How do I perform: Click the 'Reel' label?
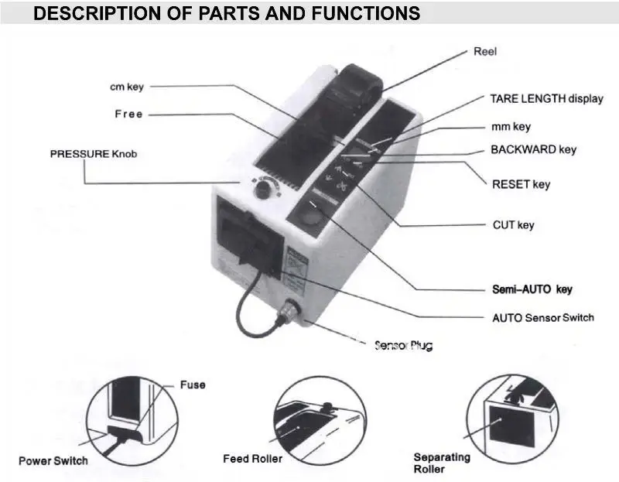[484, 52]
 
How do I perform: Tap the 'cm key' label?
[125, 87]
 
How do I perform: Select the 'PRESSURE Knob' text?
[93, 154]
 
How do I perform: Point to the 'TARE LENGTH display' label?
[546, 99]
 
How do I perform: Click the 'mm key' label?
[511, 126]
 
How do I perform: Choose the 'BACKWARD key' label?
[533, 149]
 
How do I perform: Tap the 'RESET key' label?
[521, 184]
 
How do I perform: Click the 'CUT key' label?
[513, 225]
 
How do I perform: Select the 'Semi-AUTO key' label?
[532, 289]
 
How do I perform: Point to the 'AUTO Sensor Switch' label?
[543, 317]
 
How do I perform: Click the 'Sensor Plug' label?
[403, 345]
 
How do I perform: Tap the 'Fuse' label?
[193, 385]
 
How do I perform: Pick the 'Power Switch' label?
[53, 461]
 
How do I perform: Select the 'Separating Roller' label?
[441, 463]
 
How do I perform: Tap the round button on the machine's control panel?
[313, 220]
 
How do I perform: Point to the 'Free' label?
[128, 114]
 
